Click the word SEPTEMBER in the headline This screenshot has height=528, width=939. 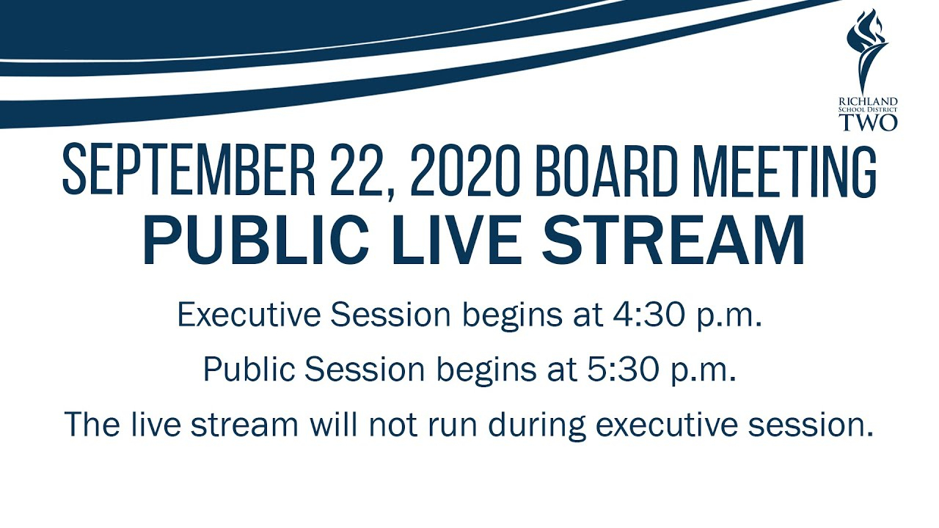[x=189, y=169]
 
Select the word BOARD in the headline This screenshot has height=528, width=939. [x=606, y=169]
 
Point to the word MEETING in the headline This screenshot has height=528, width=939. [x=784, y=169]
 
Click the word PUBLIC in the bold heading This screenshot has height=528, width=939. [x=256, y=240]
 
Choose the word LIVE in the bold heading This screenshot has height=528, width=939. [x=456, y=240]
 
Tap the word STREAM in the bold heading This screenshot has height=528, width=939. [x=673, y=240]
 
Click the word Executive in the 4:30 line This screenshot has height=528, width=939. [x=249, y=315]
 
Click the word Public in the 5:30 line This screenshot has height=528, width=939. [x=249, y=369]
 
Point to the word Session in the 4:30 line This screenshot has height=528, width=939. [x=390, y=315]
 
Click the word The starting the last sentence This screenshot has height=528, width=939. [x=92, y=424]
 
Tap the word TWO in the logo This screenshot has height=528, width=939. [x=868, y=122]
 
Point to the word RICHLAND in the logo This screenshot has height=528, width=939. [x=868, y=101]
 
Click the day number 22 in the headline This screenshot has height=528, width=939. [x=357, y=169]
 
